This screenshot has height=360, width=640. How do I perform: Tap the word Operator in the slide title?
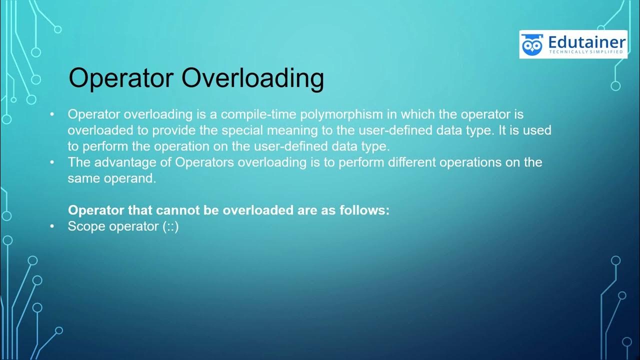pos(121,78)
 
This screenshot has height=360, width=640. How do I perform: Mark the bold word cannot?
pos(180,210)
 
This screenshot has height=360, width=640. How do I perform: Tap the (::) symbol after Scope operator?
pos(170,226)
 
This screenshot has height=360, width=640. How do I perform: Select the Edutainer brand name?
pos(586,41)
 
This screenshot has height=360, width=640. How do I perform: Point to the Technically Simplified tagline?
pos(586,52)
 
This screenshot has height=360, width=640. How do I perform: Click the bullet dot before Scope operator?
pos(52,226)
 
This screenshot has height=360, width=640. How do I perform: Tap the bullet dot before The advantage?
pos(52,162)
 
